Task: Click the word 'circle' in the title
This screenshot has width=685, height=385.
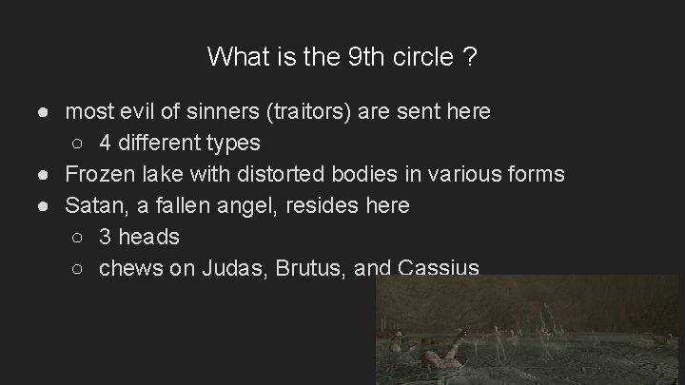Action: pos(419,57)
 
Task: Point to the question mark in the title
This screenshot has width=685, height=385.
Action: pos(470,57)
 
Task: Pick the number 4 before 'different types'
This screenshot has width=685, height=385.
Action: pos(105,144)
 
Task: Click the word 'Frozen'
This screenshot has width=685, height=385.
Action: pos(98,175)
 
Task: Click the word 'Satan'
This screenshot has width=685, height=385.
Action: pos(93,205)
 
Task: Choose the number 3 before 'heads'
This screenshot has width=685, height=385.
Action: pos(105,237)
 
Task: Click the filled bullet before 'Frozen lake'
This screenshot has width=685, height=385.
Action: pos(45,175)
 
